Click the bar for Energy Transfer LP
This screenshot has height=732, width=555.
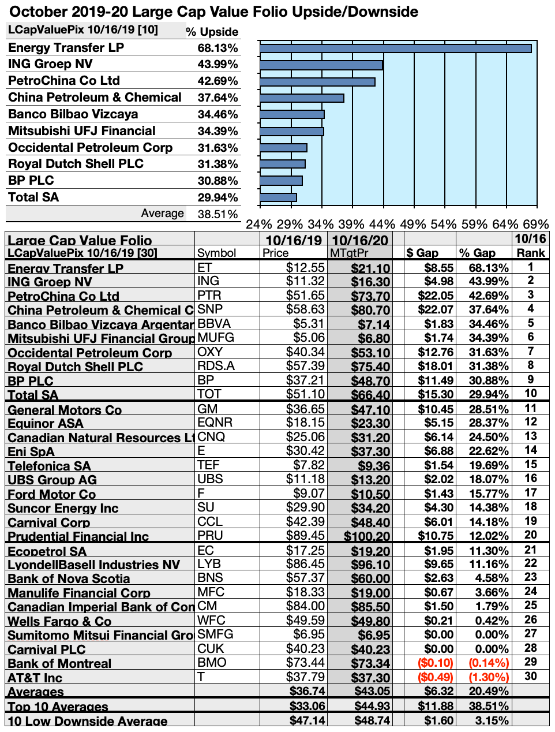395,48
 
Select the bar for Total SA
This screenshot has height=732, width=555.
278,197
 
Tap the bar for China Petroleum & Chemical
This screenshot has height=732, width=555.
302,98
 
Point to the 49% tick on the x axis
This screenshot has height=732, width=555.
413,224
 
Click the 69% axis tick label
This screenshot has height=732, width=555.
535,224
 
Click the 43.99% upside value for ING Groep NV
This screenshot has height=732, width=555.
217,65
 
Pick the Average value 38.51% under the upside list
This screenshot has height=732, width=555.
217,214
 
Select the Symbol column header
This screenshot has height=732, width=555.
216,253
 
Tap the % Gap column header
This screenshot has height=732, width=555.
477,253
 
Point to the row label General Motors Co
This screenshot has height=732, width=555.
65,410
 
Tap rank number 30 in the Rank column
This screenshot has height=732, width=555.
530,676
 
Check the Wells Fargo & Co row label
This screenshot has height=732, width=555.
59,621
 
